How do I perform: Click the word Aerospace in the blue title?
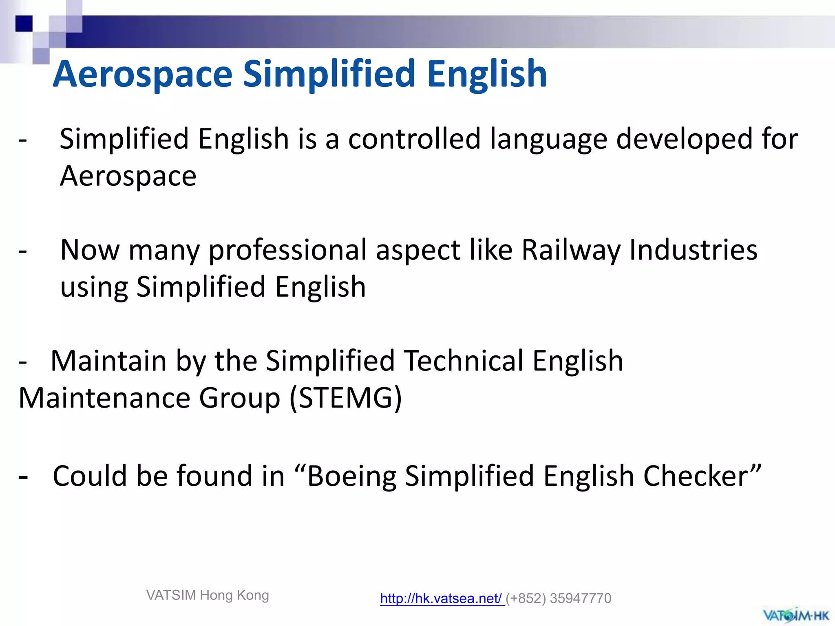coord(143,74)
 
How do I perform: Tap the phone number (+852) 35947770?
coord(559,598)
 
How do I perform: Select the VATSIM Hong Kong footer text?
coord(208,595)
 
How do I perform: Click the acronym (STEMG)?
coord(346,398)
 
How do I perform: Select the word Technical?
coord(463,361)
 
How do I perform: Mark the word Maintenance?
coord(104,398)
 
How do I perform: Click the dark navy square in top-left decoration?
coord(24,23)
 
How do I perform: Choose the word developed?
coord(684,139)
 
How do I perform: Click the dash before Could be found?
coord(23,477)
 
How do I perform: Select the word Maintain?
coord(108,361)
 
